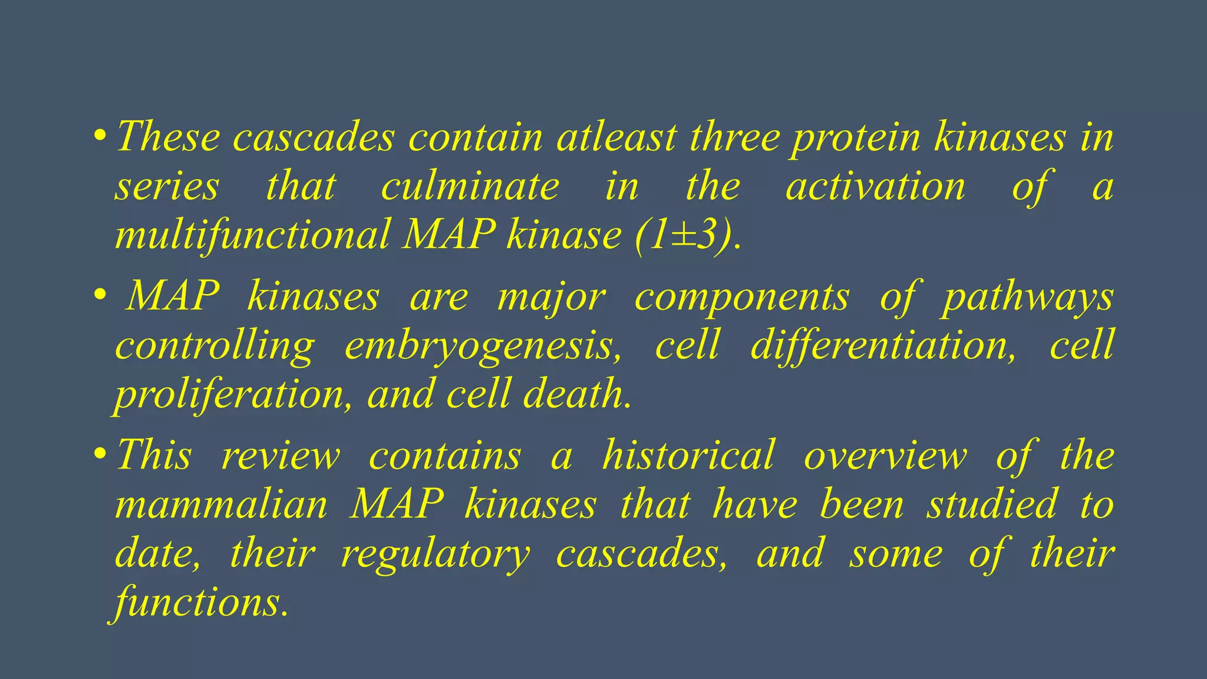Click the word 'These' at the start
[168, 137]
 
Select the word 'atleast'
[616, 137]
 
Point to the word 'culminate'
[470, 186]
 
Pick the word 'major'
[551, 297]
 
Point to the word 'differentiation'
[883, 345]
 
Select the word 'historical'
[688, 456]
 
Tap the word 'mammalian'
[221, 505]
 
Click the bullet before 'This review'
[100, 455]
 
